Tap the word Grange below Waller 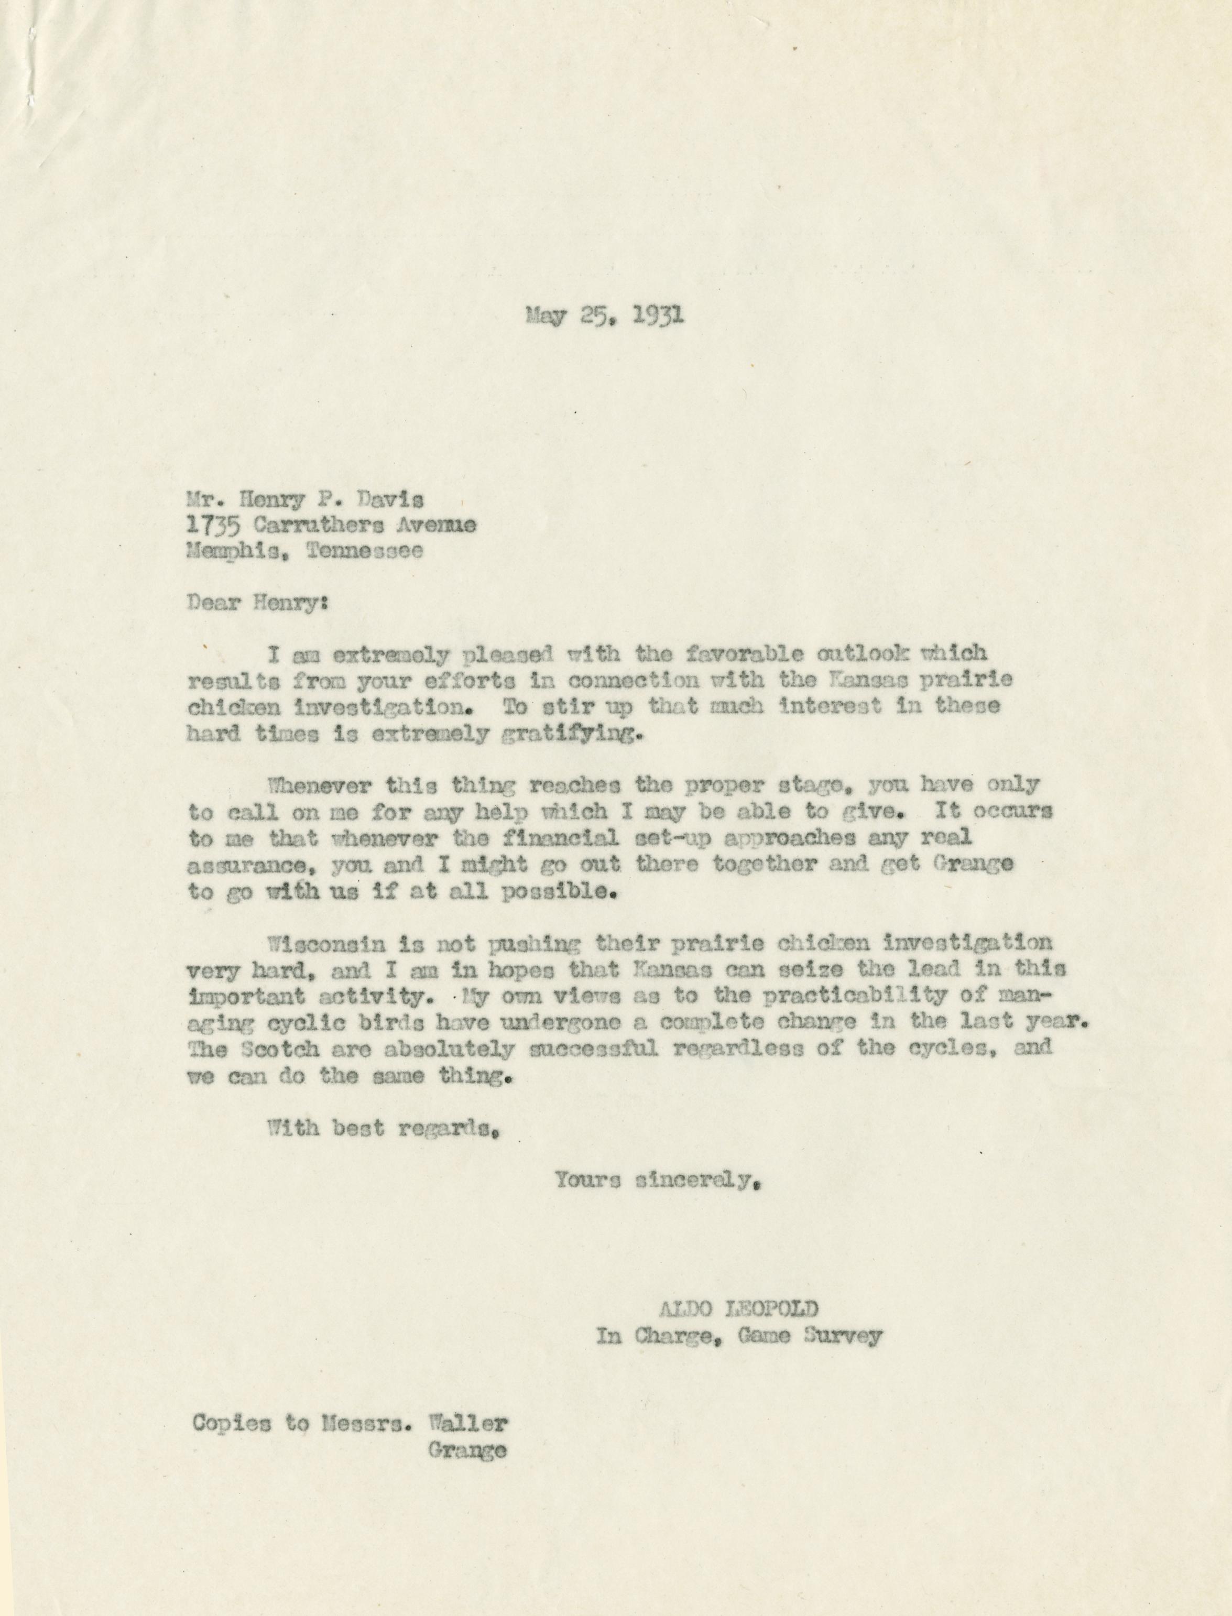click(x=466, y=1450)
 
